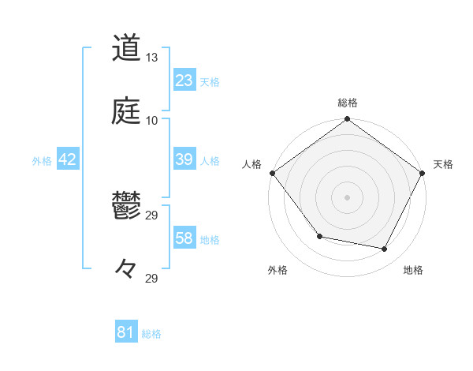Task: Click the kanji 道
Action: pyautogui.click(x=126, y=48)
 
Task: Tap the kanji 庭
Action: pyautogui.click(x=126, y=111)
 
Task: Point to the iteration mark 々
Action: pyautogui.click(x=126, y=269)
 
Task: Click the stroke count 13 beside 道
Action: pyautogui.click(x=152, y=58)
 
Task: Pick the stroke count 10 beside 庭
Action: pyautogui.click(x=152, y=121)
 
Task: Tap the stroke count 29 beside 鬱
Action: pyautogui.click(x=152, y=215)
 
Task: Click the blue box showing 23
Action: pyautogui.click(x=184, y=80)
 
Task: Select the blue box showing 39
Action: pyautogui.click(x=184, y=159)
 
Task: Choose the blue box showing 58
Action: pyautogui.click(x=184, y=238)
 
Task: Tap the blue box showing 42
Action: pyautogui.click(x=68, y=159)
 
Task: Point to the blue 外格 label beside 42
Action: pyautogui.click(x=42, y=160)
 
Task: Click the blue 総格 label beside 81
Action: pyautogui.click(x=151, y=334)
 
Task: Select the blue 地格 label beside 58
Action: pyautogui.click(x=210, y=239)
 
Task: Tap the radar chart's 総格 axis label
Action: pyautogui.click(x=347, y=103)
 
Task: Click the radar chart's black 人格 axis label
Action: pyautogui.click(x=252, y=164)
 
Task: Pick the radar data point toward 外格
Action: pyautogui.click(x=319, y=236)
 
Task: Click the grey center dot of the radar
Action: pyautogui.click(x=347, y=197)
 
